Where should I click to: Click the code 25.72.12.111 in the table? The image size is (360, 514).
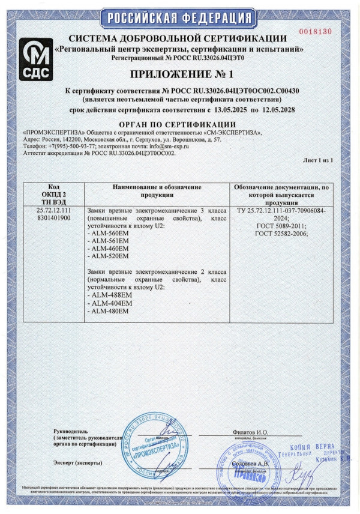(54, 211)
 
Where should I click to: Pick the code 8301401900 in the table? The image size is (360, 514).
(54, 218)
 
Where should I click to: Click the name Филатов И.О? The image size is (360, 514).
(250, 432)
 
